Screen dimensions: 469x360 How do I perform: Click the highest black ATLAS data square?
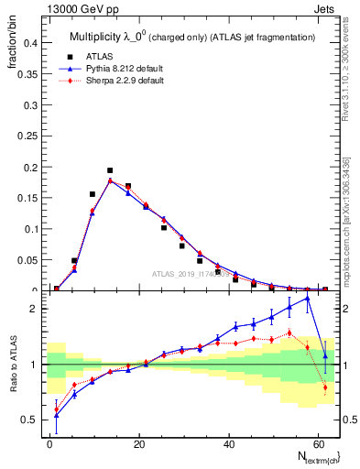[110, 170]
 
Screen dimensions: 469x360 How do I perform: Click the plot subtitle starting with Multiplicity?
[192, 37]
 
